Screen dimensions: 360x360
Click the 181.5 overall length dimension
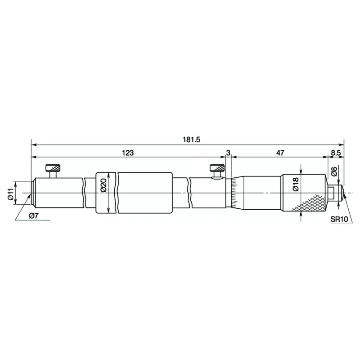click(x=192, y=139)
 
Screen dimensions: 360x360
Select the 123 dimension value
click(x=128, y=153)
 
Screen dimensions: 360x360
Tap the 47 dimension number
click(x=280, y=153)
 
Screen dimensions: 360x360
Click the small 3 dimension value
click(x=228, y=153)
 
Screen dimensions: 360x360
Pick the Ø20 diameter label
click(x=104, y=185)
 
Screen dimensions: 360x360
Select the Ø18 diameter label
click(x=296, y=184)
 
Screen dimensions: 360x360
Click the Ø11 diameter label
click(x=11, y=194)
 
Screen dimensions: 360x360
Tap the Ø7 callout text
click(x=33, y=216)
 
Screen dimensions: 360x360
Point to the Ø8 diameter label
click(x=334, y=171)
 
